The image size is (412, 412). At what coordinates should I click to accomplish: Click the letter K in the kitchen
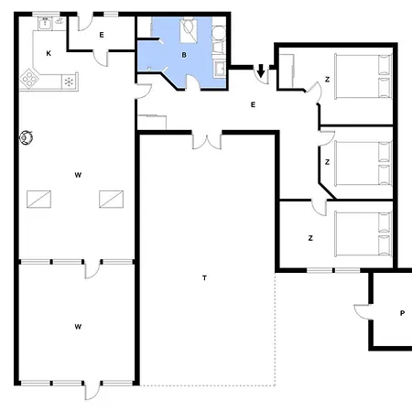48,53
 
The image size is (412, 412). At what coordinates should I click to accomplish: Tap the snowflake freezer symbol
68,81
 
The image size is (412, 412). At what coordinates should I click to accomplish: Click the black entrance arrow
261,70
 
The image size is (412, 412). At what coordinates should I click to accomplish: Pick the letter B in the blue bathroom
184,55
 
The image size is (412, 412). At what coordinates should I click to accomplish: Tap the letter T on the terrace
203,276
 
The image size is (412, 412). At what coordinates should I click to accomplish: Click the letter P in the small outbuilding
401,313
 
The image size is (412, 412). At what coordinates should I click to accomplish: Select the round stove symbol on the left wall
27,138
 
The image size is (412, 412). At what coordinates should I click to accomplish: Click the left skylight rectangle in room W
38,198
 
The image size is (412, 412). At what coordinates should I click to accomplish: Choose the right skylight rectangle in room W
112,198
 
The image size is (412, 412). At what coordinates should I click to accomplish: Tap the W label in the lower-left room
78,326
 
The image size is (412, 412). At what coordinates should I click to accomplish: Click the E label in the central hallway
253,104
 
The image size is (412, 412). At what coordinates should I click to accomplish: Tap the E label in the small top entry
102,35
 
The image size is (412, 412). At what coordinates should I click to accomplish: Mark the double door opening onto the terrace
207,141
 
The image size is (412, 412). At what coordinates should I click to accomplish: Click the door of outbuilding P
362,311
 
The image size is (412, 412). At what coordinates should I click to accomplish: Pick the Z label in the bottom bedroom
310,238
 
